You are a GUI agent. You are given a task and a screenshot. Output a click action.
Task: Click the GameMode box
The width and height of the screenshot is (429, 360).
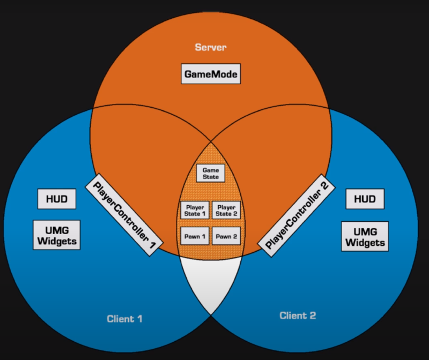coord(210,74)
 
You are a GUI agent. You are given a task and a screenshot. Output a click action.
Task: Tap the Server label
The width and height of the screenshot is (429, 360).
coord(210,48)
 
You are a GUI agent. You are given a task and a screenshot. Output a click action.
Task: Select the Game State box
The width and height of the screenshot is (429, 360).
coord(211,173)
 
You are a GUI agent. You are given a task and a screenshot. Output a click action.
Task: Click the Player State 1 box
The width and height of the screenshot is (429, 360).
coord(195,210)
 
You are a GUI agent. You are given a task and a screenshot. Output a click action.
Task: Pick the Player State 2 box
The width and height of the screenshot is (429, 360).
coord(226,210)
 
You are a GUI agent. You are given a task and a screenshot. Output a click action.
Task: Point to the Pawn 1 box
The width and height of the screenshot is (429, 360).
coord(195,236)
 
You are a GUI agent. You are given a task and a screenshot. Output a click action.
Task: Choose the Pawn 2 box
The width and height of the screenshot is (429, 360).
coord(226,236)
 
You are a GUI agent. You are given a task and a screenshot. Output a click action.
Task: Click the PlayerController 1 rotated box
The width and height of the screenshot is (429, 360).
coord(124,215)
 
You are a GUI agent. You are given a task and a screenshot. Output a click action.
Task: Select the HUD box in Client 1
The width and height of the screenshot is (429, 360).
coord(56,199)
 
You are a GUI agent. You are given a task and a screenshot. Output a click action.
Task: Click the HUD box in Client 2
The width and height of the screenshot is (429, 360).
coord(365,199)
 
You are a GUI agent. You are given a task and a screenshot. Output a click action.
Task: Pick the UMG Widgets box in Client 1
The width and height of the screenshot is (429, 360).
coord(56,235)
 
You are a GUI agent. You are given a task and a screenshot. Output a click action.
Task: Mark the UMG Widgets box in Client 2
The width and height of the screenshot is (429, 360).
coord(365,236)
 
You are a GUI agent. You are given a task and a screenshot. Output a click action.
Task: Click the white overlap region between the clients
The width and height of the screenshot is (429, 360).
coord(210,281)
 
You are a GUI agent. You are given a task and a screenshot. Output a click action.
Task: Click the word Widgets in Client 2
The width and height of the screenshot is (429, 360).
coord(365,243)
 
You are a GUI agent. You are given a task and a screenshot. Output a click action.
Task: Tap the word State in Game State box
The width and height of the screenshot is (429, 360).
coord(211,177)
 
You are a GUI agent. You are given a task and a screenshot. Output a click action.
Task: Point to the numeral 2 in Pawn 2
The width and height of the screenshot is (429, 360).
coord(234,236)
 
